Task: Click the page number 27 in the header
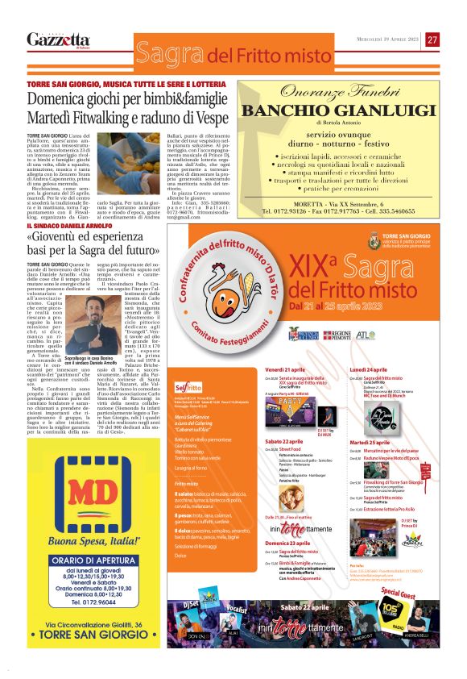click(432, 40)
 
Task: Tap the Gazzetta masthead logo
click(58, 40)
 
